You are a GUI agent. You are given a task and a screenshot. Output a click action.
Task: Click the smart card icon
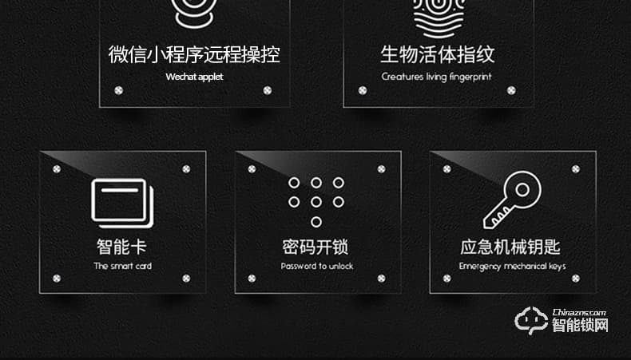click(122, 203)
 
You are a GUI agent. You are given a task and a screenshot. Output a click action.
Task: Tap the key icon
click(512, 200)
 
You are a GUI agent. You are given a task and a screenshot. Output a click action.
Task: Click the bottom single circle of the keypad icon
click(316, 222)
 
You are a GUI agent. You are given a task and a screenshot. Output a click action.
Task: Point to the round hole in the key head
click(522, 190)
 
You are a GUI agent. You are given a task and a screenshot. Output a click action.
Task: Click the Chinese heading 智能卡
click(121, 247)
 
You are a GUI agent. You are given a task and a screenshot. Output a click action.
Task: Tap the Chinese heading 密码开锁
click(315, 247)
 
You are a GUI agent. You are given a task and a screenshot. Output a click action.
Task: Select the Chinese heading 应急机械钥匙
click(510, 247)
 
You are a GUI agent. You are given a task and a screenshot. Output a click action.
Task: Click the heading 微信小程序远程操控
click(194, 54)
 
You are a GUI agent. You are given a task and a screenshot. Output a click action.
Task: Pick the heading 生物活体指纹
click(438, 54)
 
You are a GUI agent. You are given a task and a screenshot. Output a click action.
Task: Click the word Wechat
click(178, 77)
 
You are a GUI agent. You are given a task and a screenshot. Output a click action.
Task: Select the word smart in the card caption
click(122, 266)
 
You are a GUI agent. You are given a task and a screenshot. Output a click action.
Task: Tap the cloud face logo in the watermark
click(532, 320)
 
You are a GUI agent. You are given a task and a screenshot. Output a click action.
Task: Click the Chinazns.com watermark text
click(579, 312)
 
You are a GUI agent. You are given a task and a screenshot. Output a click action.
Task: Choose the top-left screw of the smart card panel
click(57, 169)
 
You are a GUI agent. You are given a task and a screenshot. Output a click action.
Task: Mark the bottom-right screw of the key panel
click(576, 279)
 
